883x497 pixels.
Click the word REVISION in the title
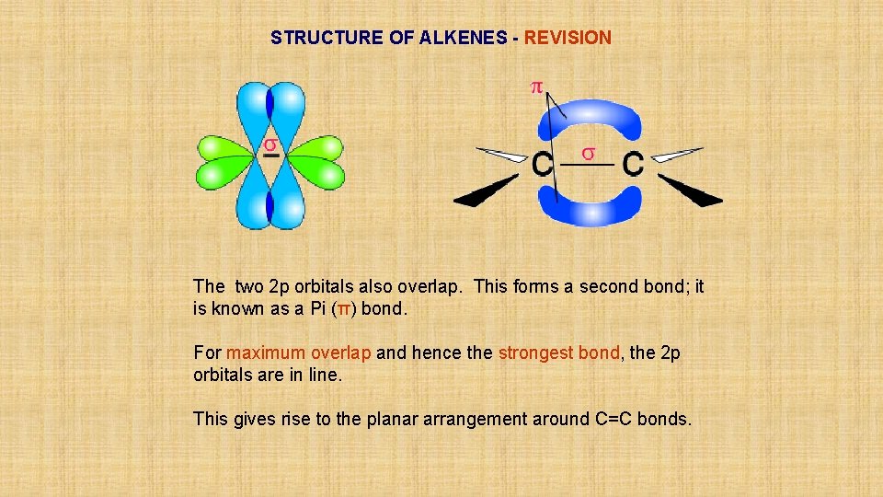568,38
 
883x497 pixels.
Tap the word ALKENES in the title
463,38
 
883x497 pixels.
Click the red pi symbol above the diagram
536,87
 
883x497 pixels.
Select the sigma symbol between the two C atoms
588,151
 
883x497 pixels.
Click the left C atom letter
543,165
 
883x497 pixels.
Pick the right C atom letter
633,165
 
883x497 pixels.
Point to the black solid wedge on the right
692,191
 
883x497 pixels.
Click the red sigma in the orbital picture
270,145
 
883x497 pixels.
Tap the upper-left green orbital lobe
224,146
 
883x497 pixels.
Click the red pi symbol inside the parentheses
343,309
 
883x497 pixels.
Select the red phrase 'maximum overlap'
299,353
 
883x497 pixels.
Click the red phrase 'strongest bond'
558,353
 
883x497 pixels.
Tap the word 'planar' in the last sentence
395,419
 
